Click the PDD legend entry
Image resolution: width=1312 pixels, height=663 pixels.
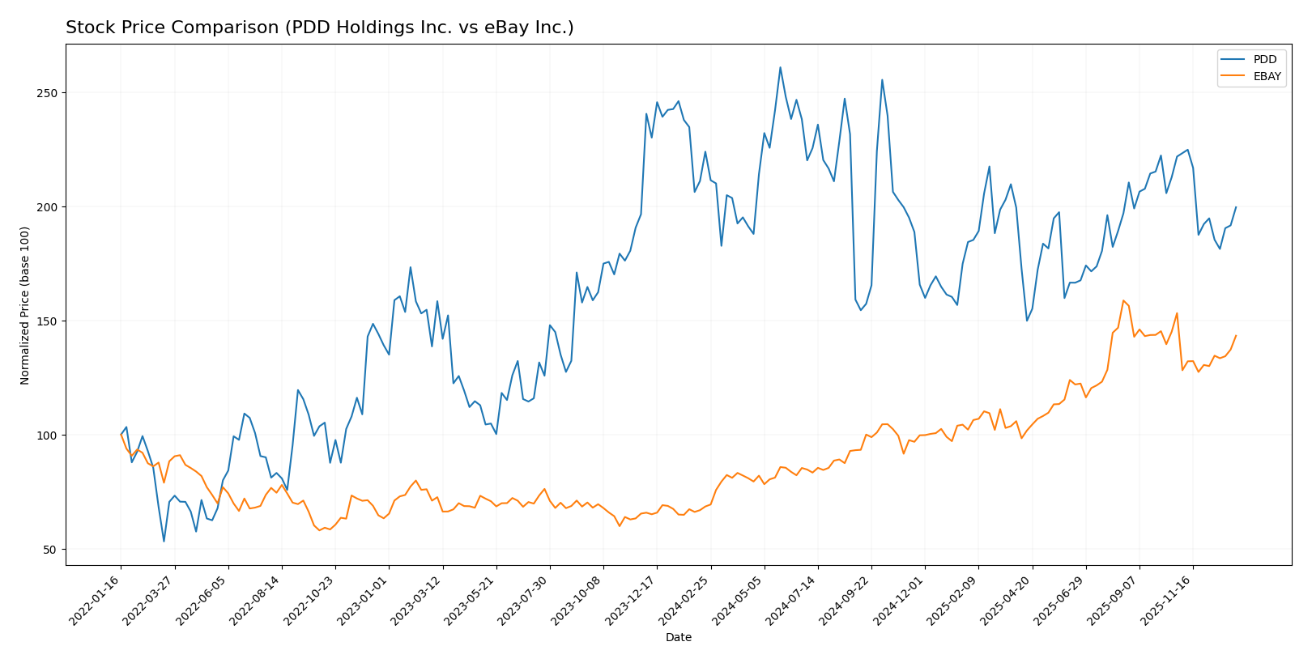coord(1264,60)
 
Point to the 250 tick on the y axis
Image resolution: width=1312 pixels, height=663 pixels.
coord(49,93)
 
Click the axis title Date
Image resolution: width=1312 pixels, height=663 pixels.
coord(678,638)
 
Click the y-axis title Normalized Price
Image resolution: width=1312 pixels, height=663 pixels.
coord(25,305)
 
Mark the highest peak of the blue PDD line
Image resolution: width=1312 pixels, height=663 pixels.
coord(780,67)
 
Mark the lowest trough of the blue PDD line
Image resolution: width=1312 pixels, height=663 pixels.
coord(164,541)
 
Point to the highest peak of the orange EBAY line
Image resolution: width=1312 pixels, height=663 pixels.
coord(1123,300)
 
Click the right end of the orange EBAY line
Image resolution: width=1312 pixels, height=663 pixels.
coord(1236,335)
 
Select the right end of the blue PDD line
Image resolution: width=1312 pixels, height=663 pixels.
coord(1236,206)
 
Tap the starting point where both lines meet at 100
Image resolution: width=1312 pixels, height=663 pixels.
coord(121,435)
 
